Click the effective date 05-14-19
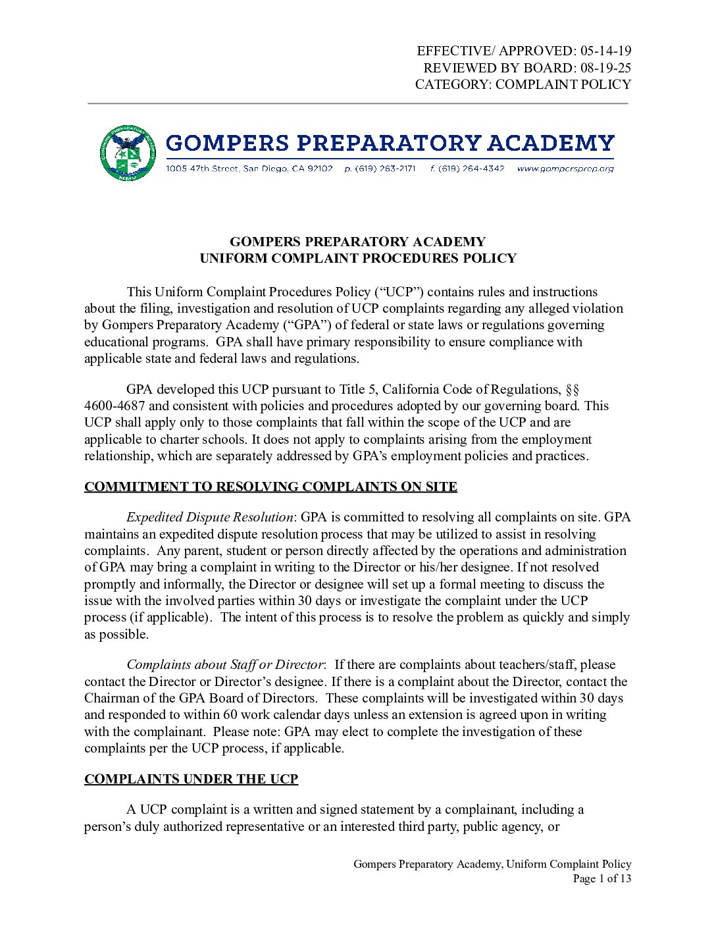pyautogui.click(x=605, y=51)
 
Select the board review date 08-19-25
pyautogui.click(x=605, y=68)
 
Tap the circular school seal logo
pyautogui.click(x=128, y=153)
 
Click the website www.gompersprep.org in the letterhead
pyautogui.click(x=565, y=169)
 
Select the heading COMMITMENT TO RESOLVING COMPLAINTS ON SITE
pyautogui.click(x=270, y=487)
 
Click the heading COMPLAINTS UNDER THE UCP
pyautogui.click(x=191, y=780)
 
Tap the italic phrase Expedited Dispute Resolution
pyautogui.click(x=209, y=517)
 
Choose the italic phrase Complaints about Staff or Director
pyautogui.click(x=224, y=665)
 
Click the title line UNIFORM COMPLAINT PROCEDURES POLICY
pyautogui.click(x=358, y=259)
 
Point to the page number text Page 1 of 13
pyautogui.click(x=601, y=879)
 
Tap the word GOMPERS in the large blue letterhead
pyautogui.click(x=227, y=143)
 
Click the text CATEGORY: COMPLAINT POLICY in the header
pyautogui.click(x=523, y=85)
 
